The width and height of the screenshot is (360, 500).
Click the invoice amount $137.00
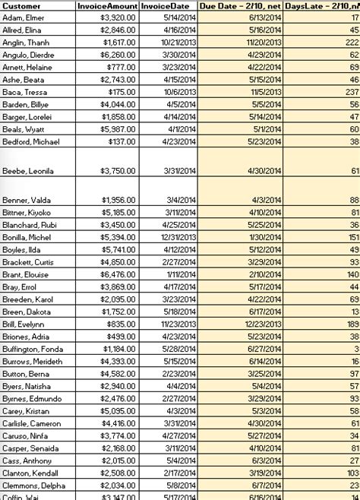click(124, 141)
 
